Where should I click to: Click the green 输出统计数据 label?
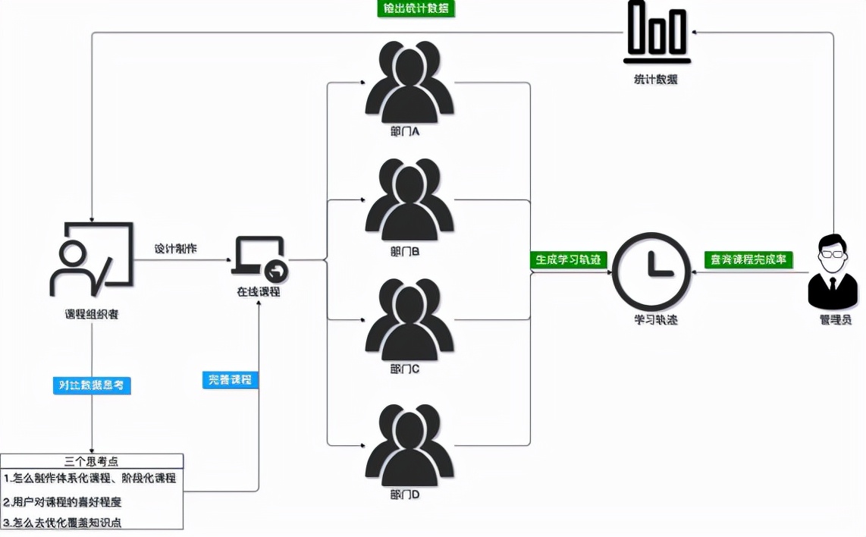[x=416, y=9]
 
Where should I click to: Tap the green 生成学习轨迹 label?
[x=569, y=259]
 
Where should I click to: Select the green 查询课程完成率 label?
[x=748, y=259]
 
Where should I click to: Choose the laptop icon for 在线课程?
[x=260, y=259]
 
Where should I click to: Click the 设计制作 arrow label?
[x=175, y=249]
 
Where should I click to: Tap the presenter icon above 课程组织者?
[x=90, y=259]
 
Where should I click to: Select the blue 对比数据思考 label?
[x=92, y=385]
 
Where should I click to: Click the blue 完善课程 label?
[x=231, y=379]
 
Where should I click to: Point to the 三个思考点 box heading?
[x=92, y=460]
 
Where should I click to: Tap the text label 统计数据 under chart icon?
[x=656, y=79]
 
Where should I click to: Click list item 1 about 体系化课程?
[x=90, y=479]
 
